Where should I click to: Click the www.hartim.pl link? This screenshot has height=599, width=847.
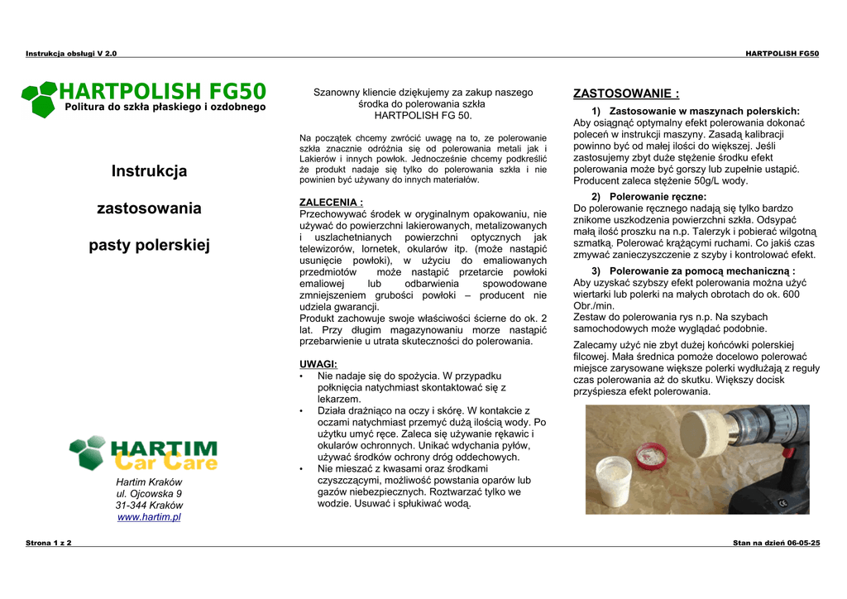pyautogui.click(x=149, y=517)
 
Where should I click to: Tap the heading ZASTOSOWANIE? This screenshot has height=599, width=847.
pyautogui.click(x=626, y=93)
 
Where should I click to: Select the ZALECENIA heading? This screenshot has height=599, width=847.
pyautogui.click(x=331, y=202)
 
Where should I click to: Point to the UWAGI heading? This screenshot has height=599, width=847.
pyautogui.click(x=318, y=364)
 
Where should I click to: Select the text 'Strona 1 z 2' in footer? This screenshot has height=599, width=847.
pyautogui.click(x=49, y=543)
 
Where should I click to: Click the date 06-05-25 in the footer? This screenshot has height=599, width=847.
pyautogui.click(x=803, y=543)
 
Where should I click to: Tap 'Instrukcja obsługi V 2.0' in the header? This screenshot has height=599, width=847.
pyautogui.click(x=71, y=54)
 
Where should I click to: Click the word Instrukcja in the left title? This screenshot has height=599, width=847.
pyautogui.click(x=149, y=171)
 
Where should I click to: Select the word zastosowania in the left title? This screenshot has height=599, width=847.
pyautogui.click(x=149, y=208)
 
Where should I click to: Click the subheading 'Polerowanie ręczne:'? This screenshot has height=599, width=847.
pyautogui.click(x=658, y=197)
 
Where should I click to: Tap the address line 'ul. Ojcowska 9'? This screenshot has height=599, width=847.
pyautogui.click(x=149, y=494)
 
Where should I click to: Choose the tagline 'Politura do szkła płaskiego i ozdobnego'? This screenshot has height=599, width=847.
pyautogui.click(x=165, y=107)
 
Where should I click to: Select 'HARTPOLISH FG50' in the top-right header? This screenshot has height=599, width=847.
pyautogui.click(x=782, y=54)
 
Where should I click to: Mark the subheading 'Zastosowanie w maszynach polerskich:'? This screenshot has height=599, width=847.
pyautogui.click(x=704, y=111)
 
